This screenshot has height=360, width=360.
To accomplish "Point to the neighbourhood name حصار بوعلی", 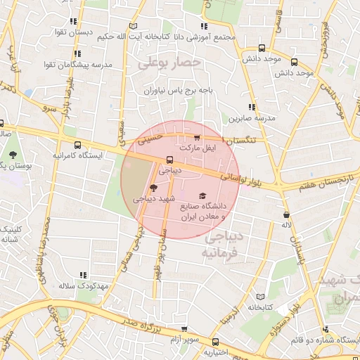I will (x=169, y=63).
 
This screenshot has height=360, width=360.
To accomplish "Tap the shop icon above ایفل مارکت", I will (x=197, y=138).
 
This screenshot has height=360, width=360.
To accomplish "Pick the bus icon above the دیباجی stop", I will (x=169, y=159).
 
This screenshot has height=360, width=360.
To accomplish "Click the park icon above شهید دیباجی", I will (x=154, y=187).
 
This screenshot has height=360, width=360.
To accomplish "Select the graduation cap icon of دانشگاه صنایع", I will (x=202, y=196).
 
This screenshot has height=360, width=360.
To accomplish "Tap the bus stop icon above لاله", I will (x=286, y=214).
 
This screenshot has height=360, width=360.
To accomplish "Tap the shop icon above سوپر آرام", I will (x=184, y=328).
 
